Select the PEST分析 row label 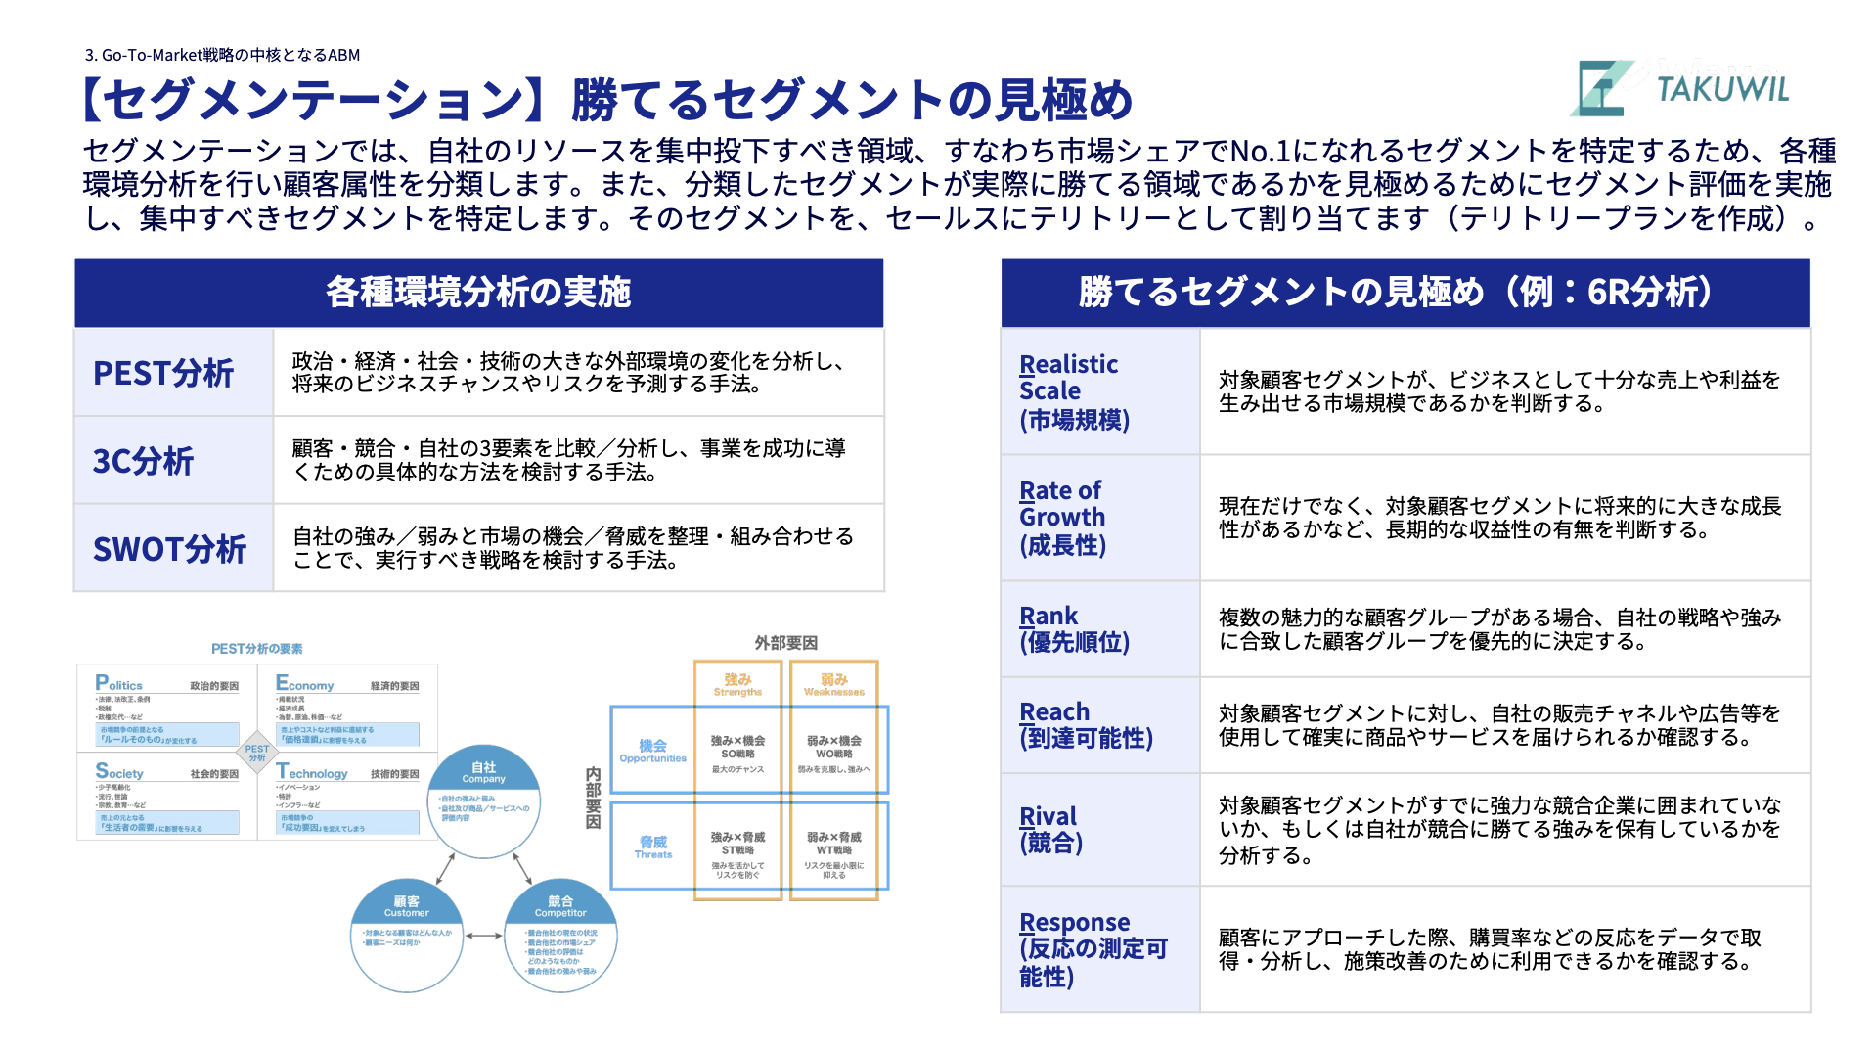click(x=163, y=373)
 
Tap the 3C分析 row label click(x=143, y=461)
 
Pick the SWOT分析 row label click(x=169, y=549)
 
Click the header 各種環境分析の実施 click(x=478, y=293)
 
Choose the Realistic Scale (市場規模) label click(x=1074, y=391)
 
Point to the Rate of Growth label click(x=1062, y=518)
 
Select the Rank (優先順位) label click(x=1074, y=629)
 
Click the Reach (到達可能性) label click(x=1086, y=725)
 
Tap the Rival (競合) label click(x=1050, y=829)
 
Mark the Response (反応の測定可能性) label click(x=1093, y=949)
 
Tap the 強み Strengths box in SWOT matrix click(x=737, y=684)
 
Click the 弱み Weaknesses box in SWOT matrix click(x=833, y=684)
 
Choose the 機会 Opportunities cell click(x=652, y=751)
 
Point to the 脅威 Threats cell click(x=652, y=847)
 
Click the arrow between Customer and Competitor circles click(x=483, y=936)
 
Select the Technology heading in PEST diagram click(x=312, y=772)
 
